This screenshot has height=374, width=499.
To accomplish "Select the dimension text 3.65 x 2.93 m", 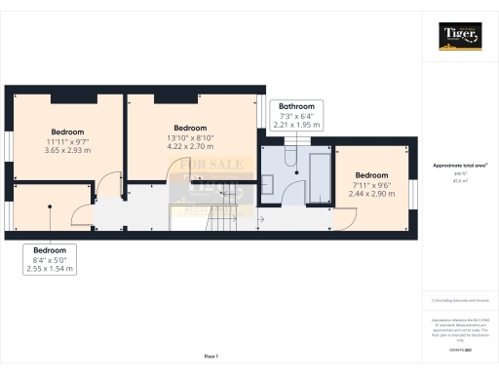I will click(68, 152).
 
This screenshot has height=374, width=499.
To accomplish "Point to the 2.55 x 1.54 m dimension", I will click(52, 268).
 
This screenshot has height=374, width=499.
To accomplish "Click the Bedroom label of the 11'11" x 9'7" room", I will click(68, 131).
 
